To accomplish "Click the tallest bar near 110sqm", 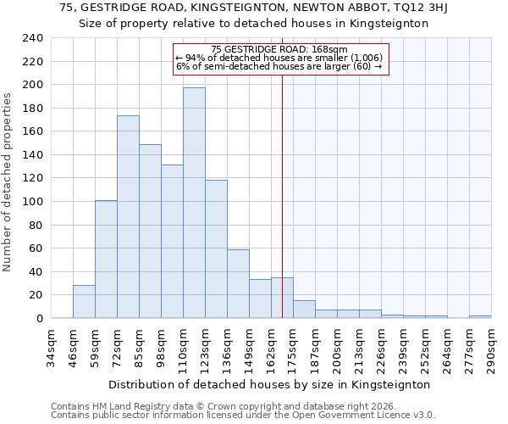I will click(194, 203).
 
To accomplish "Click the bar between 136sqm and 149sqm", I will click(238, 284).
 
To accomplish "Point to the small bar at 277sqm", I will click(480, 316).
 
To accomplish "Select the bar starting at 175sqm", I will click(304, 310).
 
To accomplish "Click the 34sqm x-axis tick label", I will click(51, 348).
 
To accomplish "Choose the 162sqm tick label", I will click(271, 348).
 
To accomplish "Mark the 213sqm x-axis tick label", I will click(359, 348).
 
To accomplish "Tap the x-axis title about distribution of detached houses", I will click(270, 384).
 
